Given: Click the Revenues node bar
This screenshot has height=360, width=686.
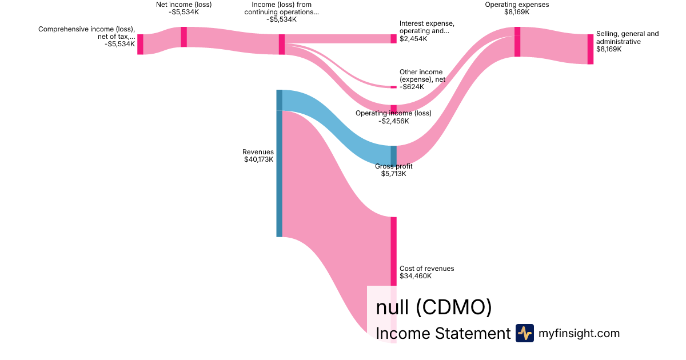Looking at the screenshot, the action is pyautogui.click(x=280, y=163).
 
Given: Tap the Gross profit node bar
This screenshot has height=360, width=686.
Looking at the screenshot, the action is pyautogui.click(x=393, y=156).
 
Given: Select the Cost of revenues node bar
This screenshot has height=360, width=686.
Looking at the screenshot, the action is pyautogui.click(x=393, y=280).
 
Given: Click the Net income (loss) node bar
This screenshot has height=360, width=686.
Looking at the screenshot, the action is pyautogui.click(x=184, y=37).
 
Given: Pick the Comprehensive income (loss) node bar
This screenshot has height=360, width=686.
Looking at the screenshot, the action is pyautogui.click(x=140, y=45).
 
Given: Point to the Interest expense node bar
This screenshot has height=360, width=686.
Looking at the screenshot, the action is pyautogui.click(x=393, y=39).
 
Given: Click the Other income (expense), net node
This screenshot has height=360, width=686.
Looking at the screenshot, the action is pyautogui.click(x=393, y=87).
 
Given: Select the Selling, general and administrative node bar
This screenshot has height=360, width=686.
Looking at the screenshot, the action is pyautogui.click(x=591, y=49).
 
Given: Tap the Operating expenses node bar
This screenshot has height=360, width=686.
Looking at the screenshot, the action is pyautogui.click(x=517, y=42).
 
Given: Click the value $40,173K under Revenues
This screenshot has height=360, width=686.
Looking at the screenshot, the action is pyautogui.click(x=259, y=159).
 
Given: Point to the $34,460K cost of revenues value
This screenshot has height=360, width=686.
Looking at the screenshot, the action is pyautogui.click(x=416, y=276).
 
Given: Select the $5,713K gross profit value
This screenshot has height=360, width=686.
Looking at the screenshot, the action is pyautogui.click(x=393, y=174).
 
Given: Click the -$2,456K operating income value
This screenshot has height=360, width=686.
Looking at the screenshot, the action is pyautogui.click(x=393, y=121).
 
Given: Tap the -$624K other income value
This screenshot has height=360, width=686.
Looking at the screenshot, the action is pyautogui.click(x=412, y=87).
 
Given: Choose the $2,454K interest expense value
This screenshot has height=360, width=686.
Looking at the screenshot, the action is pyautogui.click(x=413, y=39).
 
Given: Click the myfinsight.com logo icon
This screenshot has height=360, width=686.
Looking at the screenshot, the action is pyautogui.click(x=525, y=333).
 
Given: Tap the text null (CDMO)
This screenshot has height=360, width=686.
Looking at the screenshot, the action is pyautogui.click(x=434, y=307).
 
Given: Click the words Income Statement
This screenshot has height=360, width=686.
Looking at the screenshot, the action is pyautogui.click(x=443, y=333).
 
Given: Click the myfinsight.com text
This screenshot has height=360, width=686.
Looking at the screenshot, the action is pyautogui.click(x=579, y=333).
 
